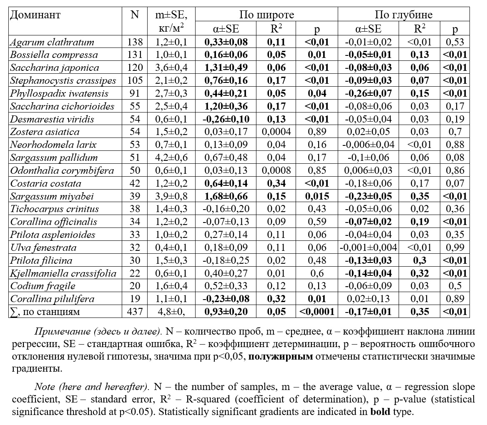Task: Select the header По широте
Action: (x=266, y=15)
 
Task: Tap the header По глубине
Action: (x=403, y=15)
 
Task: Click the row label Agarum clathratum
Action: (x=52, y=42)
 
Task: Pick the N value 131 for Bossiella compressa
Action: (x=135, y=55)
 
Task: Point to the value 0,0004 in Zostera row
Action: (x=276, y=132)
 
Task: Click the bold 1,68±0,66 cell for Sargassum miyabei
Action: (x=226, y=196)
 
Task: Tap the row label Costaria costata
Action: (x=45, y=183)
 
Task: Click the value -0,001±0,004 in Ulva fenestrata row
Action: (x=368, y=248)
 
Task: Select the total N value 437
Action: (x=135, y=312)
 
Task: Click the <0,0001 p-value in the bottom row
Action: (x=316, y=312)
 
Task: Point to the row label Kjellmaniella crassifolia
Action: (x=63, y=273)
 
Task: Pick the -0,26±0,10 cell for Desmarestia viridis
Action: (x=226, y=119)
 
